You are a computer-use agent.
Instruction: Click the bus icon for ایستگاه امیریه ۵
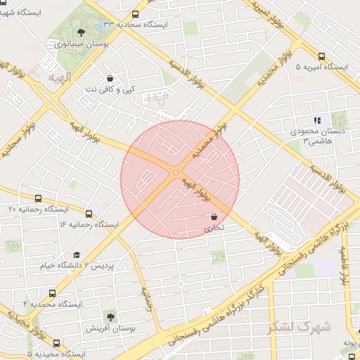[x=322, y=56]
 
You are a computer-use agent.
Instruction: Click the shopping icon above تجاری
[x=214, y=218]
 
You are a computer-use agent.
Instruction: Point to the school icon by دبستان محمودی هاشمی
[x=317, y=120]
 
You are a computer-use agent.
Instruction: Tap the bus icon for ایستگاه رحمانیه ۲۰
[x=37, y=198]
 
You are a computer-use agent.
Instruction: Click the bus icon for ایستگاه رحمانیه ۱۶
[x=89, y=214]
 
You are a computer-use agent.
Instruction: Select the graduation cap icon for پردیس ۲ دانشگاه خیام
[x=77, y=255]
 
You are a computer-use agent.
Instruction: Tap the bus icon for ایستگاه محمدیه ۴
[x=52, y=293]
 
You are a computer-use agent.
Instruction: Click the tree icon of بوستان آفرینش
[x=109, y=317]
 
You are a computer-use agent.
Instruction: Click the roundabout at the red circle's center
[x=175, y=172]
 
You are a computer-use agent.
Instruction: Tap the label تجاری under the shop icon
[x=214, y=229]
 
